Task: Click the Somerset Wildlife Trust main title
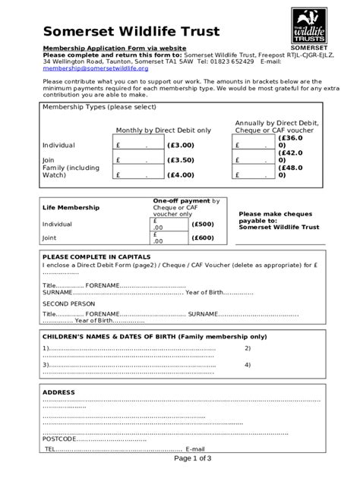pos(131,31)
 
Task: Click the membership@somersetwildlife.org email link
pos(95,68)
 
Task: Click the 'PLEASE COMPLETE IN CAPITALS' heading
pos(94,257)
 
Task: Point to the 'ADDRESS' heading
pos(58,392)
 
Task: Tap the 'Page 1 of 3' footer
pos(193,458)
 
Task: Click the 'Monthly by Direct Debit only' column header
pos(163,131)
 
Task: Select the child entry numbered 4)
pos(248,364)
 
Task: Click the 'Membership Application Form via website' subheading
pos(114,48)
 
